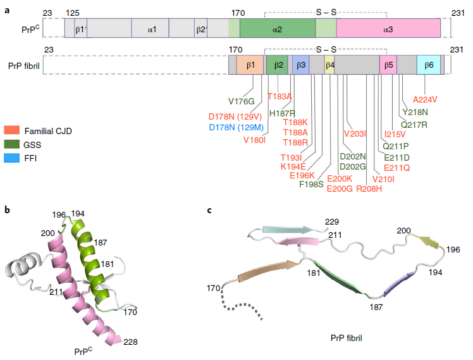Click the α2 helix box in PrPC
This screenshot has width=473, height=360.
(277, 30)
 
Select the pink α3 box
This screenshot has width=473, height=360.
(388, 30)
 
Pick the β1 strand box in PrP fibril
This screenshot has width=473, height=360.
(250, 66)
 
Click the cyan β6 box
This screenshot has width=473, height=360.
(429, 66)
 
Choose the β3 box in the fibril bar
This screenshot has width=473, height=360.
(301, 66)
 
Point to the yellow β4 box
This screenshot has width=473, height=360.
(329, 66)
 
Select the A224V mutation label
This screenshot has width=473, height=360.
(425, 99)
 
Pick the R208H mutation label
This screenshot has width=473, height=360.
(369, 188)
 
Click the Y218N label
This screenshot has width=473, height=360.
(415, 112)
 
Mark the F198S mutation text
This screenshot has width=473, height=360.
(311, 185)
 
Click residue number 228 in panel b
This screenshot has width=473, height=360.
(130, 342)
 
